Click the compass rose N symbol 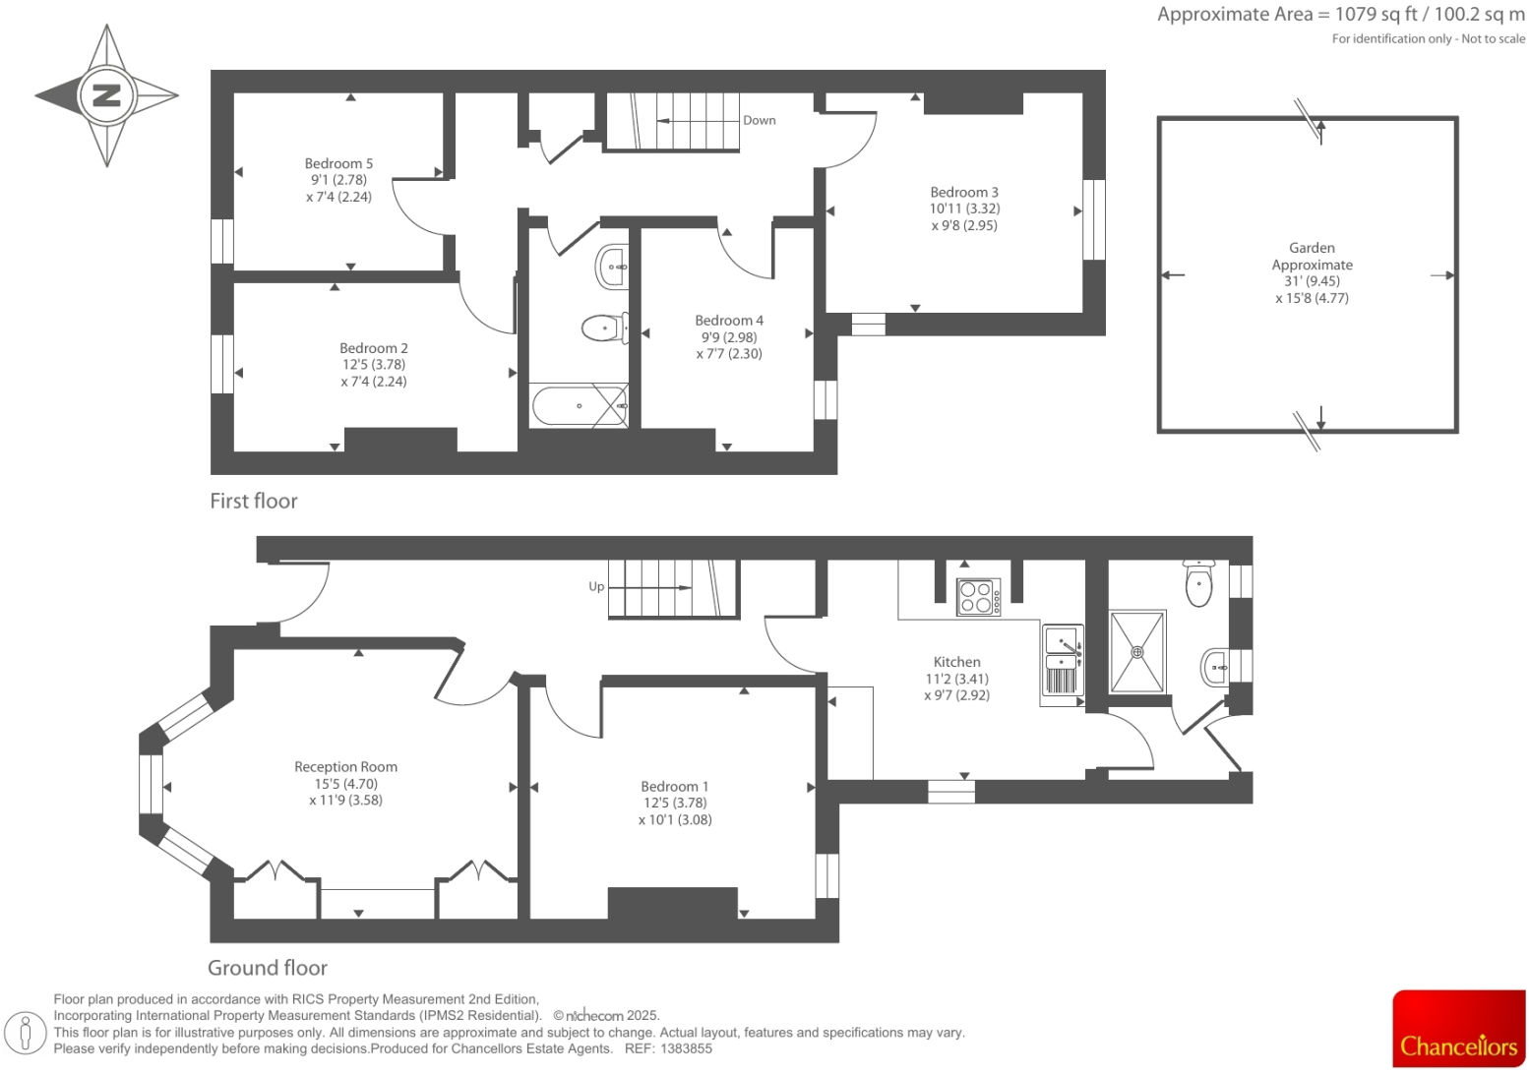tap(106, 95)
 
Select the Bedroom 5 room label tap(338, 163)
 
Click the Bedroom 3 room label tap(963, 192)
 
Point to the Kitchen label tap(956, 662)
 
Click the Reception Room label tap(345, 766)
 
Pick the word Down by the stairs tap(759, 120)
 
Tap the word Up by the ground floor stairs tap(596, 586)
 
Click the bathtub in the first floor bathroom tap(580, 405)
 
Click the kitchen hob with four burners tap(978, 597)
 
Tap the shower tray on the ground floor tap(1137, 651)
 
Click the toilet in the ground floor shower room tap(1198, 584)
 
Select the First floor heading tap(253, 501)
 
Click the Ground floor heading tap(268, 968)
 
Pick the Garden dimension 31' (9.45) tap(1312, 281)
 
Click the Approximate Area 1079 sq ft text tap(1340, 14)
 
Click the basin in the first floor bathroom tap(613, 267)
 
